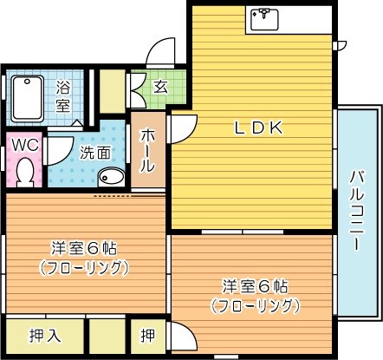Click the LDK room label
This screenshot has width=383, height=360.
[260, 128]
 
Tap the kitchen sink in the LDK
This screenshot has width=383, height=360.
[262, 17]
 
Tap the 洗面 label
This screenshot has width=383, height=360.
[94, 153]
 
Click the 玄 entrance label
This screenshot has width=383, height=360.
[161, 86]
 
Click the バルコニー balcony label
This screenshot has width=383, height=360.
[356, 210]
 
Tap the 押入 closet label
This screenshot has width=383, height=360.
[43, 335]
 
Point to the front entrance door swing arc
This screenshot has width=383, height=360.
[159, 54]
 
